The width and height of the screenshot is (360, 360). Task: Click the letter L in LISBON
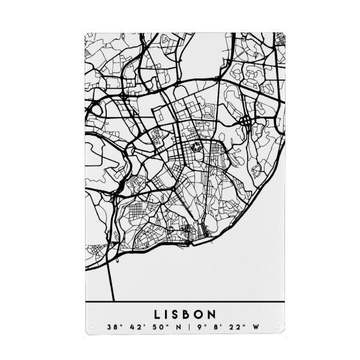157,314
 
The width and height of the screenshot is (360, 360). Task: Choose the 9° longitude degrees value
200,328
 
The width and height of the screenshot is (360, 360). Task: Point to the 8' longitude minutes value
217,328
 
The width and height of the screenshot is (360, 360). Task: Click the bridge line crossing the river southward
111,282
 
